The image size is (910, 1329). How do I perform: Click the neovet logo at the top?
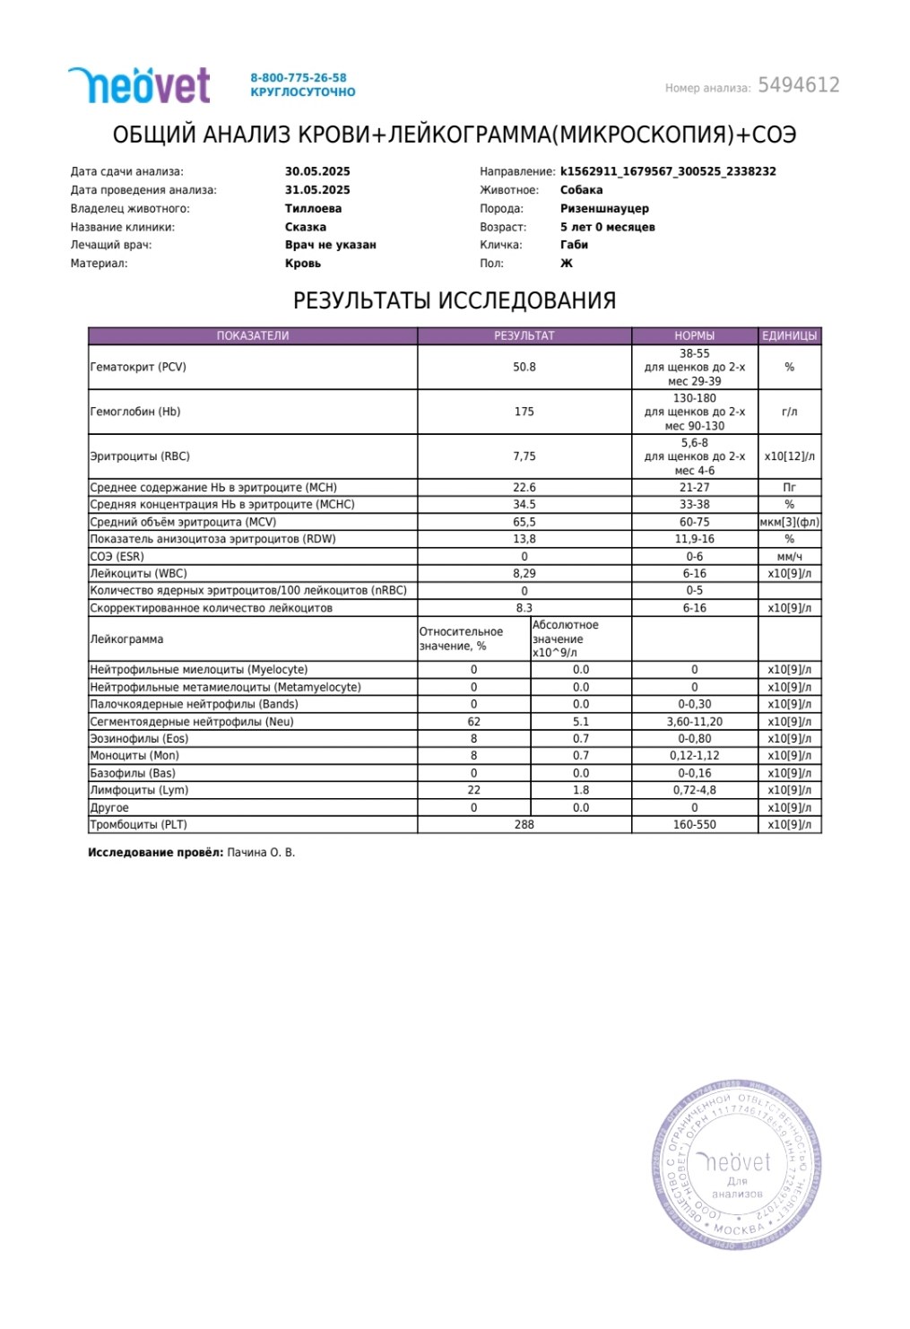[x=139, y=85]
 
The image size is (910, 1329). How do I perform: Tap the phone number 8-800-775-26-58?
[x=298, y=78]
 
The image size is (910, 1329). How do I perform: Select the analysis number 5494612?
[x=798, y=85]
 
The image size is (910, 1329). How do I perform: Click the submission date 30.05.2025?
[x=317, y=171]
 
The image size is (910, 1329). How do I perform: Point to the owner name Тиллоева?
[x=313, y=208]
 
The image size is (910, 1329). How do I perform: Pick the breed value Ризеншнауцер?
[x=604, y=208]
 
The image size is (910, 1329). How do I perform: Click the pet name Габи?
[x=574, y=245]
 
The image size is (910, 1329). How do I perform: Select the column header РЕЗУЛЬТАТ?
[x=524, y=336]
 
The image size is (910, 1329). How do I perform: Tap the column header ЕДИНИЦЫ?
[x=789, y=336]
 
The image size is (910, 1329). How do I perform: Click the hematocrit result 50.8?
[x=524, y=367]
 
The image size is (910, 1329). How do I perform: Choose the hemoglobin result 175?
[x=524, y=412]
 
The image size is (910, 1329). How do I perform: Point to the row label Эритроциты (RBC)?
[x=140, y=456]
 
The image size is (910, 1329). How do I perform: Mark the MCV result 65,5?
[x=524, y=522]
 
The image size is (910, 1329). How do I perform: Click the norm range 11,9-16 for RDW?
[x=695, y=539]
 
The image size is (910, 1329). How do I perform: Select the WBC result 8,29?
[x=524, y=573]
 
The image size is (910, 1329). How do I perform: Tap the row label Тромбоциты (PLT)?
[x=138, y=824]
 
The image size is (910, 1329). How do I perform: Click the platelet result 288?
[x=524, y=824]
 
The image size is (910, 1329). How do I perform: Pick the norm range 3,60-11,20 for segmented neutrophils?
[x=695, y=721]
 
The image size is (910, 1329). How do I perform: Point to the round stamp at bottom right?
[x=735, y=1164]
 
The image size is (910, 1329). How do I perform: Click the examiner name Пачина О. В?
[x=261, y=852]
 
